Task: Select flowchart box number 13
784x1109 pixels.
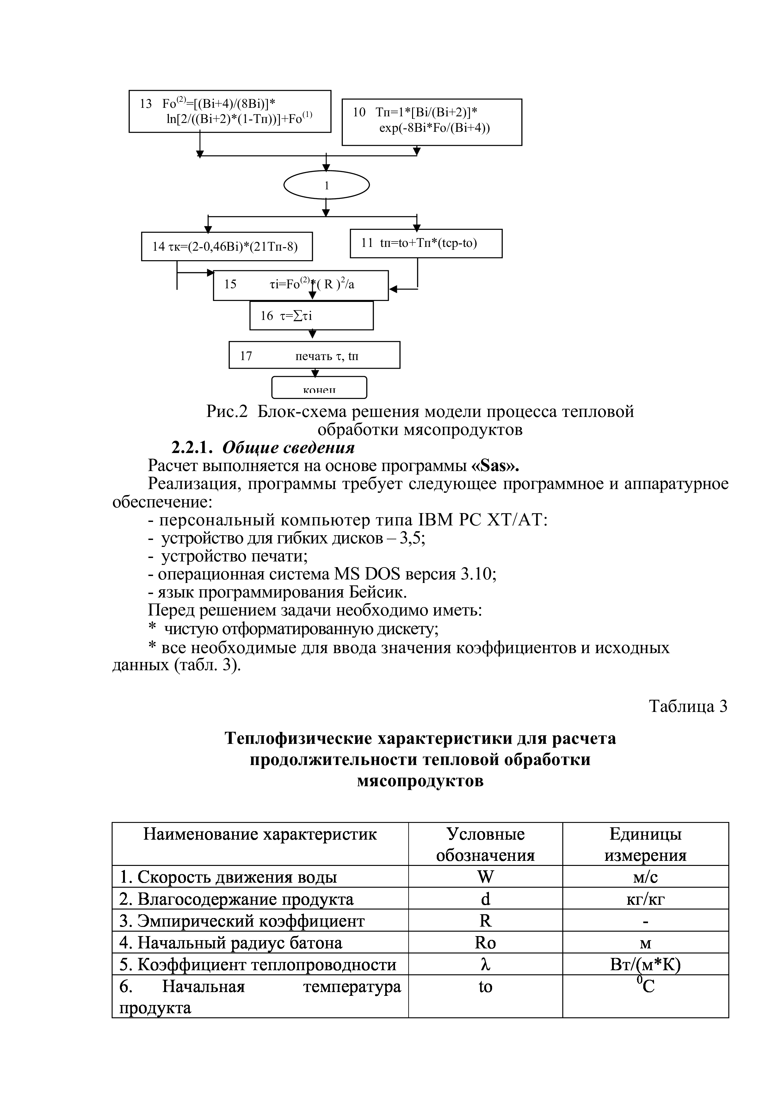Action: pyautogui.click(x=230, y=111)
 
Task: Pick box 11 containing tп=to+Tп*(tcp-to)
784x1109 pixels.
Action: pyautogui.click(x=426, y=243)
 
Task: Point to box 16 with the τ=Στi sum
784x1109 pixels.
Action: pyautogui.click(x=311, y=316)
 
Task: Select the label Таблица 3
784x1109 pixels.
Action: pyautogui.click(x=688, y=706)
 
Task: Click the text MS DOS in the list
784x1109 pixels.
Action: pyautogui.click(x=367, y=574)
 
